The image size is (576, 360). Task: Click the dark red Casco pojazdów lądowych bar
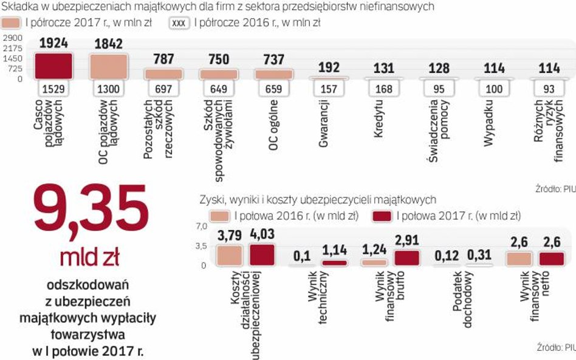53,66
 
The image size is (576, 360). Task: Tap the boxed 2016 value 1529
53,89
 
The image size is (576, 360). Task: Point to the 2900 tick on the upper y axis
13,38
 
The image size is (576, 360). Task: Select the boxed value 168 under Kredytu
384,89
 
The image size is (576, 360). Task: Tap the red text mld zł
89,257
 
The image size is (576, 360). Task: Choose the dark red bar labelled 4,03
262,255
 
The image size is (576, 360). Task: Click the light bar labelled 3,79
229,255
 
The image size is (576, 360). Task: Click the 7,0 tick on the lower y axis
200,226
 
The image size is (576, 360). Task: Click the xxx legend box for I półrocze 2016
180,23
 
